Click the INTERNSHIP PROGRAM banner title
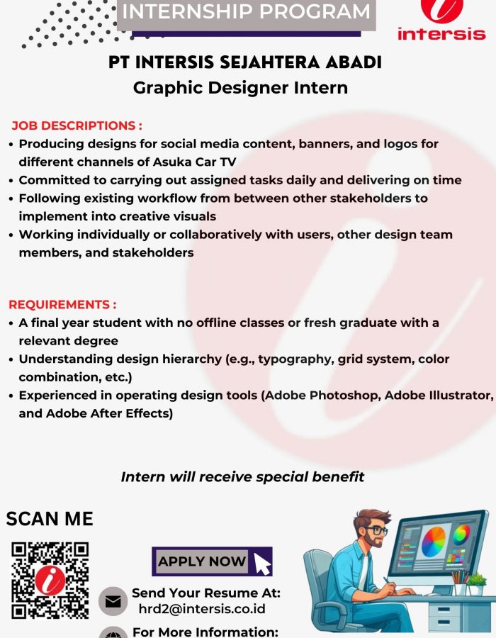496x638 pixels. pyautogui.click(x=246, y=11)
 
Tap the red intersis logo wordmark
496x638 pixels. pyautogui.click(x=441, y=34)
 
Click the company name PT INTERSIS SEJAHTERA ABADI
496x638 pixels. pyautogui.click(x=245, y=62)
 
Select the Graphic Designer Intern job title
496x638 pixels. pyautogui.click(x=240, y=88)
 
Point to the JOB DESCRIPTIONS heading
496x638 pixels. pyautogui.click(x=77, y=125)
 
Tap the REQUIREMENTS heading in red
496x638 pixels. pyautogui.click(x=62, y=305)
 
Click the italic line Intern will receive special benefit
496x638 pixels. pyautogui.click(x=243, y=477)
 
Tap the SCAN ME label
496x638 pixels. pyautogui.click(x=50, y=519)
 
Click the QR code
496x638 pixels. pyautogui.click(x=50, y=580)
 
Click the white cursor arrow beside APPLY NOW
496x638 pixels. pyautogui.click(x=262, y=564)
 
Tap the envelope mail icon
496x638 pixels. pyautogui.click(x=113, y=601)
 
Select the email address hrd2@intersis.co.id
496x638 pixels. pyautogui.click(x=202, y=609)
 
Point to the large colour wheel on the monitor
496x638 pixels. pyautogui.click(x=434, y=542)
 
